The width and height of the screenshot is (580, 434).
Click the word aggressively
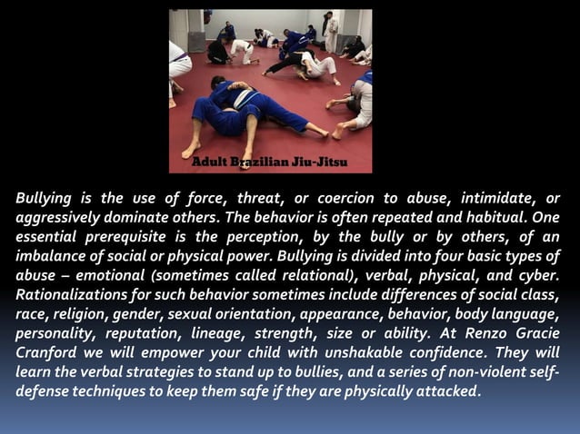61,219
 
